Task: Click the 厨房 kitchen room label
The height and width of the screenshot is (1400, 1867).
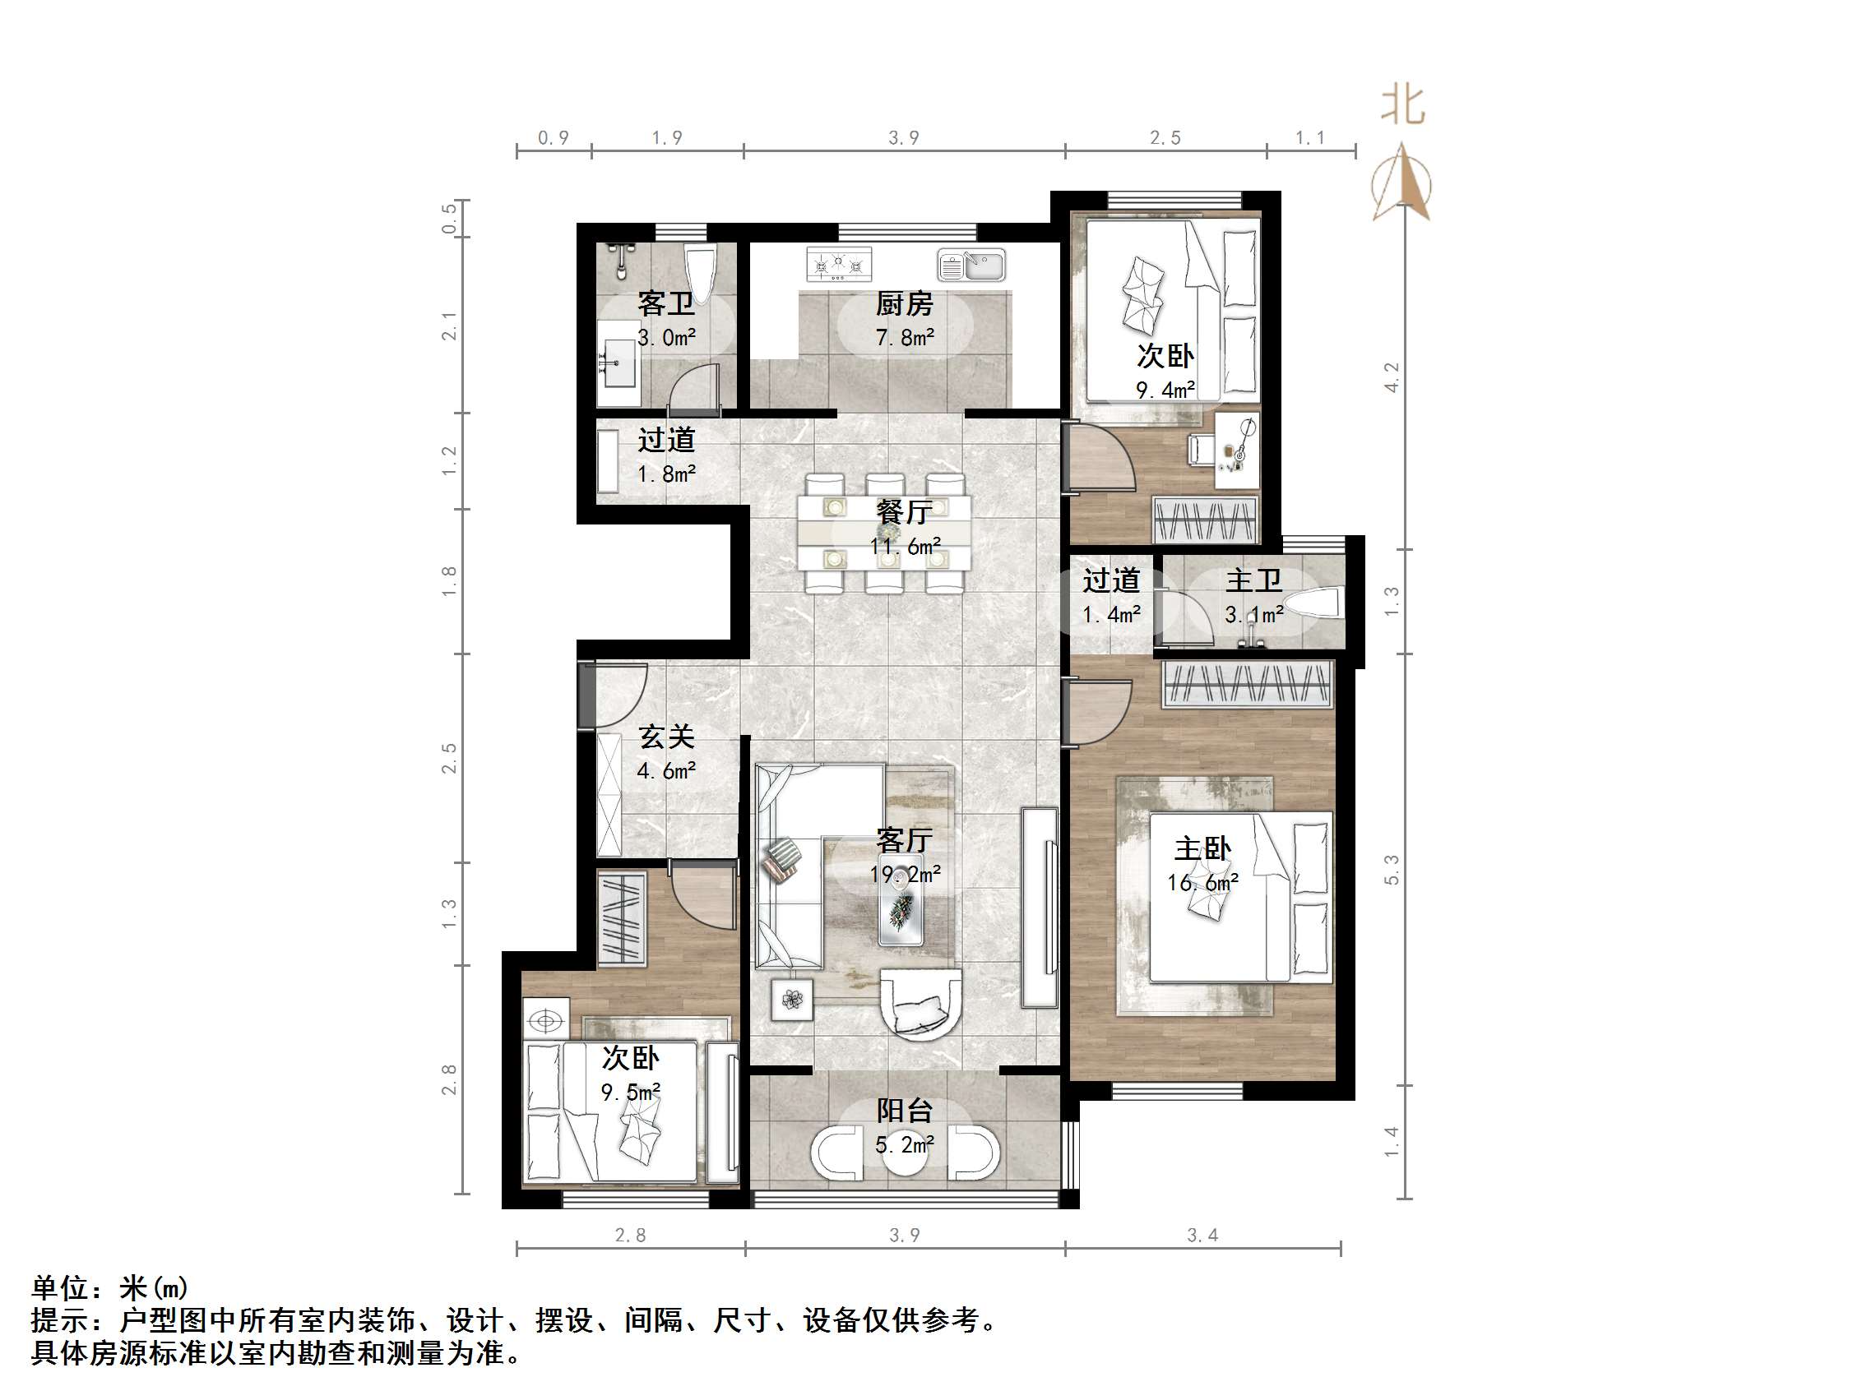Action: pos(904,303)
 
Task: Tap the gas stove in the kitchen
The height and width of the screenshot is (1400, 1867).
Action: pos(838,264)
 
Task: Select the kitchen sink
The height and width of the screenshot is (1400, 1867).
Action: pos(971,265)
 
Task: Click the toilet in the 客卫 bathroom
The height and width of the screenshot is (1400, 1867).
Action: pos(700,269)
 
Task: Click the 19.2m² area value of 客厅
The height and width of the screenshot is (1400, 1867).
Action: pos(905,874)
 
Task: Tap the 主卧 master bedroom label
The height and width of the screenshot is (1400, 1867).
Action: pos(1202,848)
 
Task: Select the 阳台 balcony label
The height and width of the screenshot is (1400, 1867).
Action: pos(904,1111)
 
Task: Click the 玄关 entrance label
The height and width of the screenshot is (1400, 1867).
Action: pos(666,737)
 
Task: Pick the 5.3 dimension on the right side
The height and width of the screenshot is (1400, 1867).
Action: pos(1391,869)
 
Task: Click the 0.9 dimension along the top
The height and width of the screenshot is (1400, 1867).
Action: pos(554,137)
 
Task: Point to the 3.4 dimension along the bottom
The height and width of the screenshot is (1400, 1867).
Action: pos(1202,1236)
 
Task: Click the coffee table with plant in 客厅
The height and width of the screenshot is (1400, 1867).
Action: pos(901,903)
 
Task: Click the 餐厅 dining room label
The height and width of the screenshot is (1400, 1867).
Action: pos(904,511)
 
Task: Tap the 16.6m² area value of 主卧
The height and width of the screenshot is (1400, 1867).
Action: pos(1202,883)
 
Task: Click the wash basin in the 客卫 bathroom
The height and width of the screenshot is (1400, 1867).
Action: pos(618,363)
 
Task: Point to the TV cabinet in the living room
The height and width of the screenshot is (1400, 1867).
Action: pos(1039,908)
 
